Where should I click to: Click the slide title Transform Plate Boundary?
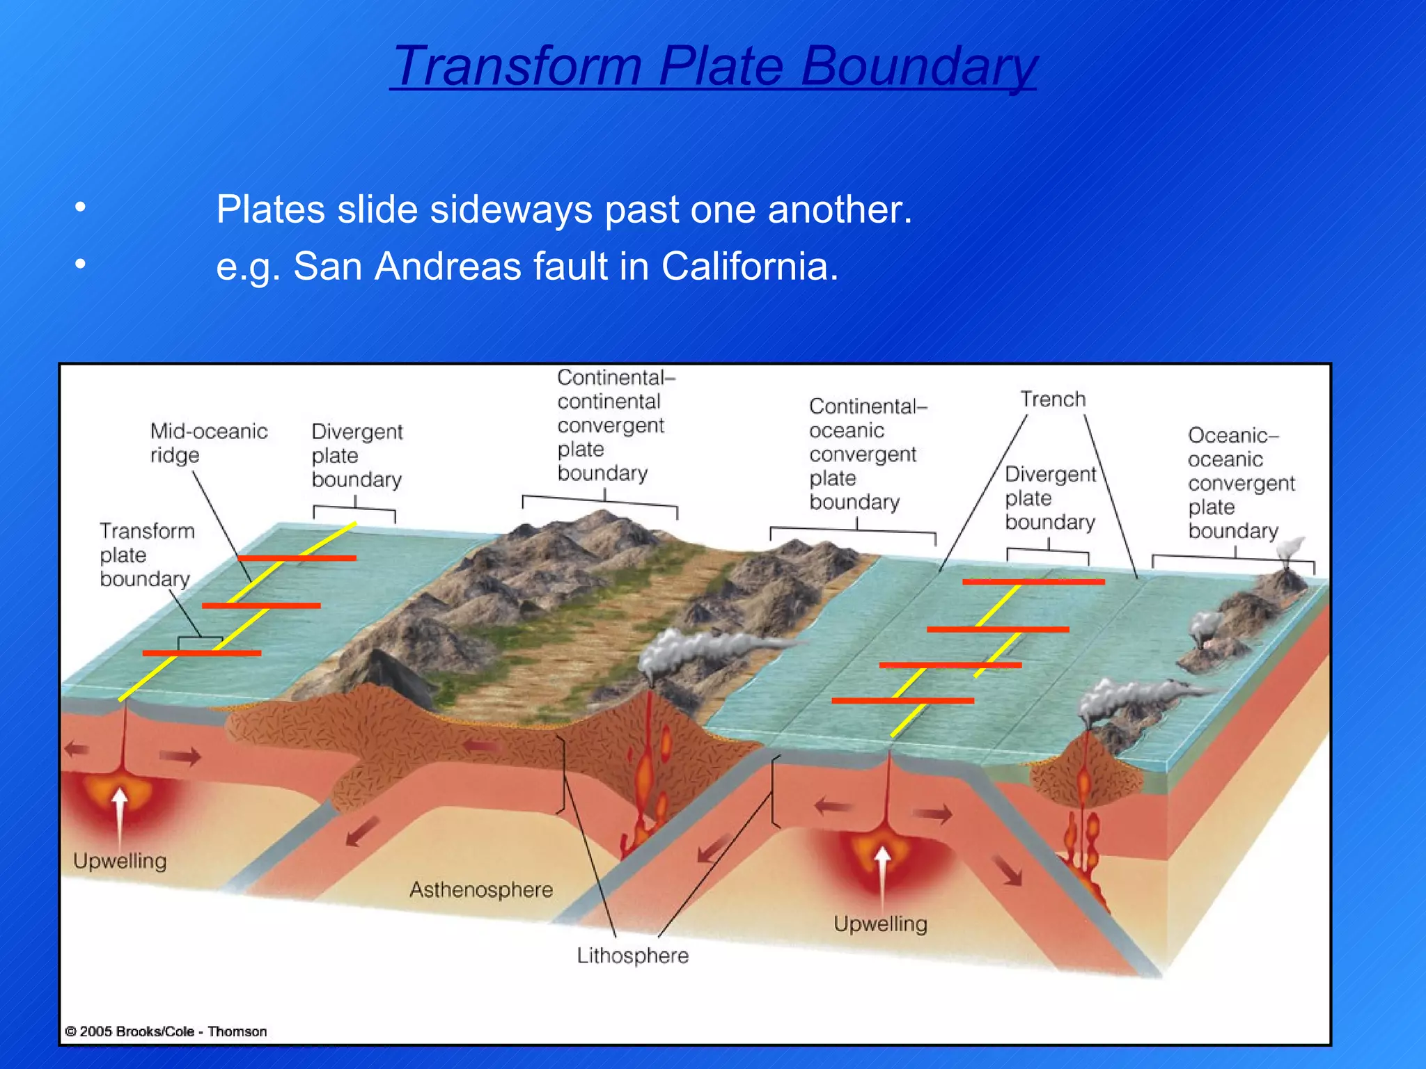(713, 65)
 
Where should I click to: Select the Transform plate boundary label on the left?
(146, 555)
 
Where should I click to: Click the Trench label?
(1053, 399)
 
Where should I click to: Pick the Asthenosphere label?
(480, 889)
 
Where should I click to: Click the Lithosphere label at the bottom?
(632, 956)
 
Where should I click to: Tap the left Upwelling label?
(120, 861)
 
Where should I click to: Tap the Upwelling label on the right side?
(880, 924)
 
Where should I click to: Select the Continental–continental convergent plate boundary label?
(610, 425)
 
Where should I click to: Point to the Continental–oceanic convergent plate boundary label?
(863, 454)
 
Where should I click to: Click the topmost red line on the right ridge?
(1033, 582)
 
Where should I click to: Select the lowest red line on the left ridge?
(202, 653)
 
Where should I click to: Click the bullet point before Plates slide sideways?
(81, 207)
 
